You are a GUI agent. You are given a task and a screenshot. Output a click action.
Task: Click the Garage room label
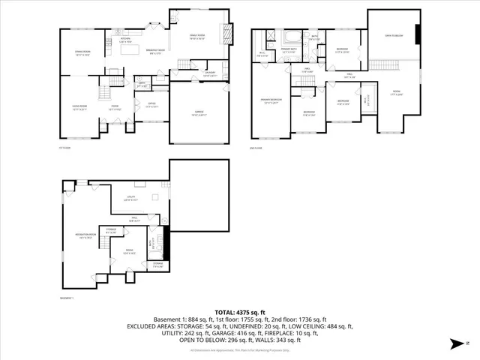coord(199,114)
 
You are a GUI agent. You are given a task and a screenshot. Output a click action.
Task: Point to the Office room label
coord(151,104)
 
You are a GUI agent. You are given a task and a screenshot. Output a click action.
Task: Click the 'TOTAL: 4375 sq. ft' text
coord(240,312)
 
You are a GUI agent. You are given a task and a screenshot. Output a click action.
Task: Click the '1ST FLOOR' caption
coord(65,148)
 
